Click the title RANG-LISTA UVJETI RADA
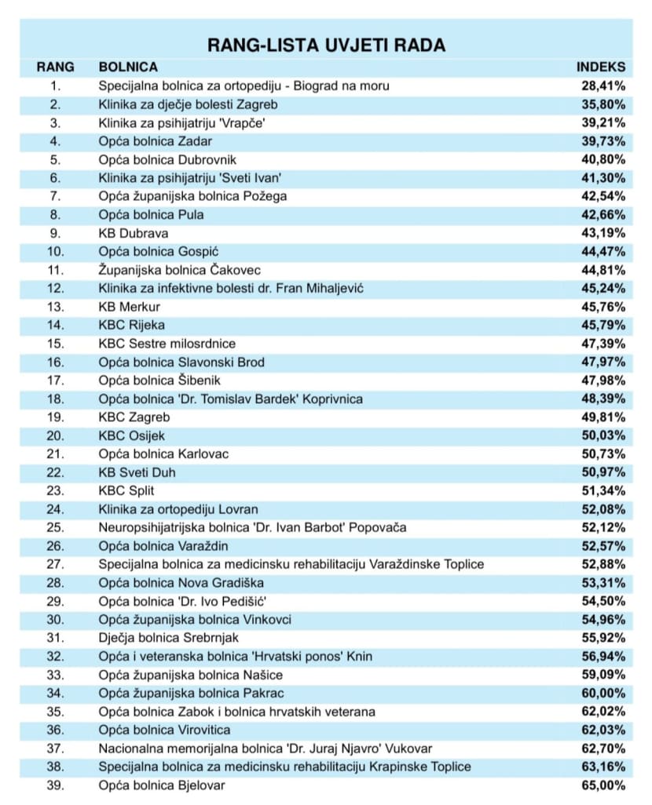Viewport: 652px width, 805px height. tap(326, 46)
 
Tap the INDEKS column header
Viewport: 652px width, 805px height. tap(601, 67)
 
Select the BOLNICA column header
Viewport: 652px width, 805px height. tap(128, 67)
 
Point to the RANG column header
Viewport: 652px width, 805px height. tap(56, 67)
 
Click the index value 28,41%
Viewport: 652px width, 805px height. tap(603, 86)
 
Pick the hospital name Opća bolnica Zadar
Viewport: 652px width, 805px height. tap(156, 141)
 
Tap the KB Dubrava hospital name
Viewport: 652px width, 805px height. tap(134, 234)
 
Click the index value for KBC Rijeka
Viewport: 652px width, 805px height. tap(603, 326)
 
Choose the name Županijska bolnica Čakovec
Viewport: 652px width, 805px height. tap(179, 270)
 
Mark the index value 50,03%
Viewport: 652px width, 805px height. tap(603, 436)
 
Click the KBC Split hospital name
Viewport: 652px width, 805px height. tap(126, 491)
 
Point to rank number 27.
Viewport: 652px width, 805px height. tap(56, 565)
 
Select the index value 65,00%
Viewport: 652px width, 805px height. tap(603, 785)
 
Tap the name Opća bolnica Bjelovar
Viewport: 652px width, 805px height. tap(162, 785)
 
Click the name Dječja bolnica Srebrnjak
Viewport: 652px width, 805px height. tap(169, 638)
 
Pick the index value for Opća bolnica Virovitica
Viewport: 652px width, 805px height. tap(603, 730)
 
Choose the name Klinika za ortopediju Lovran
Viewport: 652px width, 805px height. tap(178, 510)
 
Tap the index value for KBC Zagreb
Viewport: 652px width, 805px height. tap(603, 417)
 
